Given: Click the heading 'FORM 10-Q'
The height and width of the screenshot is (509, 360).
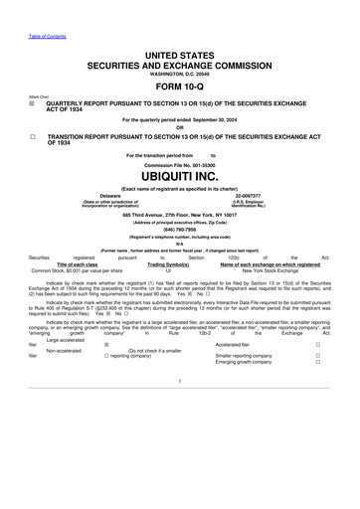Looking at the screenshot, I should click(179, 86).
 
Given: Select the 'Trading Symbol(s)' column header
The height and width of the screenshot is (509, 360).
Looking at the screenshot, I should click(169, 263).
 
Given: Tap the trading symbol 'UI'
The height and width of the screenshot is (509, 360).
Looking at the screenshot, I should click(169, 270).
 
